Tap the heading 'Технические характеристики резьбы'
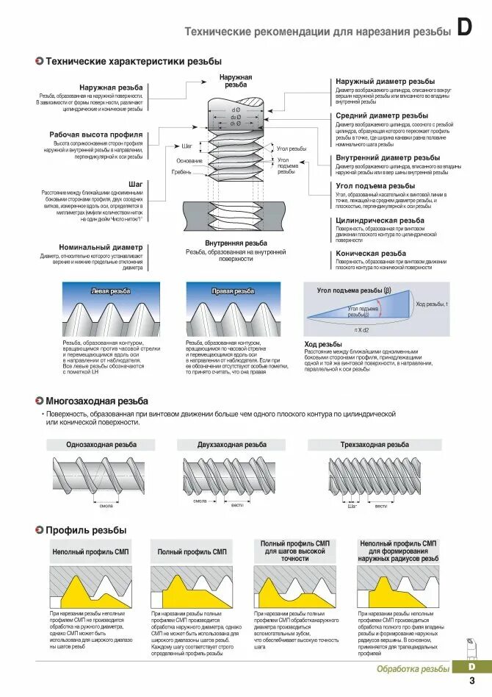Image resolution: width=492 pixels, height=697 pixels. pos(134,62)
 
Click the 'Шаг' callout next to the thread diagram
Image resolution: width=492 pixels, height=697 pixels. pos(187,146)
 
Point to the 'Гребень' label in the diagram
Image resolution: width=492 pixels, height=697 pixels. pos(182,172)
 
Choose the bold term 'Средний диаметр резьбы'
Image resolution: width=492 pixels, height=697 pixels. pos(382,115)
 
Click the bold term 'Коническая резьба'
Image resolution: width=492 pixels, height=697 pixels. pos(371,253)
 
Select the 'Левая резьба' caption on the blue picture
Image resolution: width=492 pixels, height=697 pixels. pos(110,291)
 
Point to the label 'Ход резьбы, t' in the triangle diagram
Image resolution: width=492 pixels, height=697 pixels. pos(432,304)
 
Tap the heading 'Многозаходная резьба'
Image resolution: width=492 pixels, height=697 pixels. pos(97,401)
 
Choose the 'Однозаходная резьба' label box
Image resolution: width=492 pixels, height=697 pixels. pos(101,445)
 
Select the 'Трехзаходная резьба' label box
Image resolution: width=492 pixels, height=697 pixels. pos(375,445)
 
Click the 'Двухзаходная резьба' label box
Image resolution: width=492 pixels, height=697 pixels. pos(232,445)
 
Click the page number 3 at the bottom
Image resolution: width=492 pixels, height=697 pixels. pos(471,681)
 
